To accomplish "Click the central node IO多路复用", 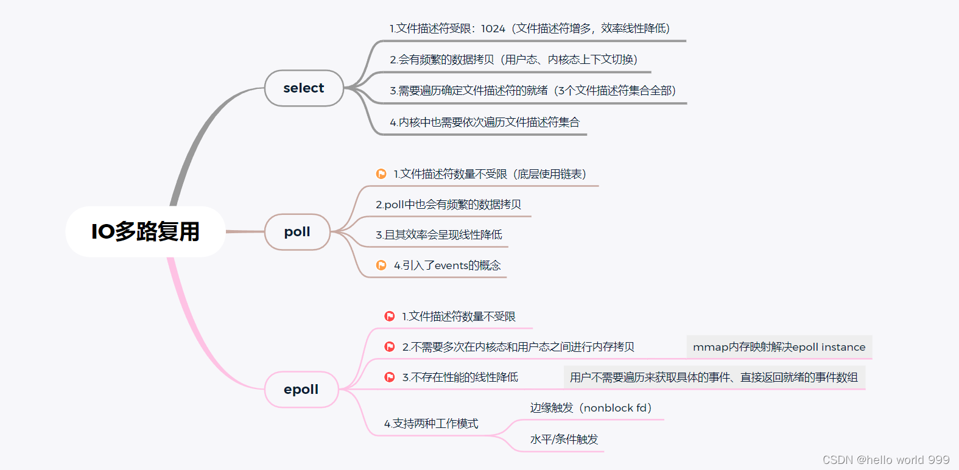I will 146,231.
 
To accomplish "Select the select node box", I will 304,88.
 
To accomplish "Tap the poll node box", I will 297,232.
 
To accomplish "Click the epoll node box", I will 301,390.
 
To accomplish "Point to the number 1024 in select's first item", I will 493,29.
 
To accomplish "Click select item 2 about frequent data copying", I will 513,60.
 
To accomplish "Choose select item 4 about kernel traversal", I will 485,122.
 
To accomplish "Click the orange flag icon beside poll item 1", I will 381,174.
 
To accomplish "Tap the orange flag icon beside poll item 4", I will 381,265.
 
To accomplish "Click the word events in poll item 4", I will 451,265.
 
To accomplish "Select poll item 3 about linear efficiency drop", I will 439,235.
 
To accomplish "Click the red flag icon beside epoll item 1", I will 390,317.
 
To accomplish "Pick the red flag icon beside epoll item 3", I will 390,377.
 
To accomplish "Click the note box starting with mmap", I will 779,347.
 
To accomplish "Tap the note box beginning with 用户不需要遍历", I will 714,377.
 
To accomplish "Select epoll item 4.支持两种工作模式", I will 431,424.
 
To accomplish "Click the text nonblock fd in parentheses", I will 616,408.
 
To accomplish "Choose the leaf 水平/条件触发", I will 564,440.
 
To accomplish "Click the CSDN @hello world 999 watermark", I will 886,460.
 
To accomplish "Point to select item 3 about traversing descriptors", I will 533,91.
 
